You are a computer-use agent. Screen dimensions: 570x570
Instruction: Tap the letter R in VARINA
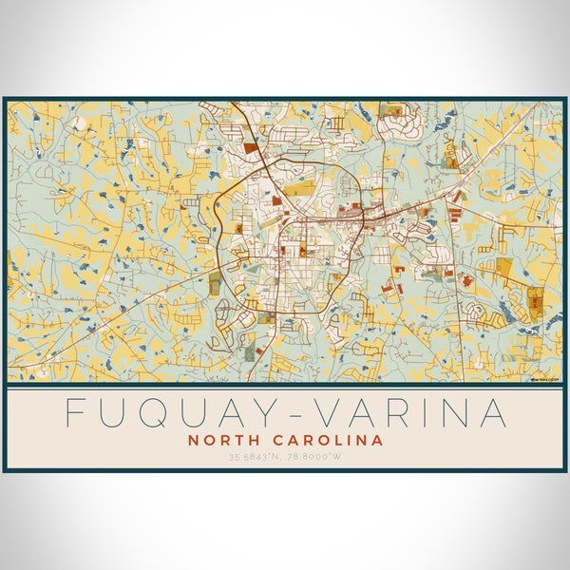tap(391, 413)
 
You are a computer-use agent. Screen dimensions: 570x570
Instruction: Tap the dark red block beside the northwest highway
tap(251, 148)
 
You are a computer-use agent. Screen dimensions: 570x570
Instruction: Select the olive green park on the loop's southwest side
tap(216, 282)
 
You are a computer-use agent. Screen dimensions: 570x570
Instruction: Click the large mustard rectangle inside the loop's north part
tap(298, 190)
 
